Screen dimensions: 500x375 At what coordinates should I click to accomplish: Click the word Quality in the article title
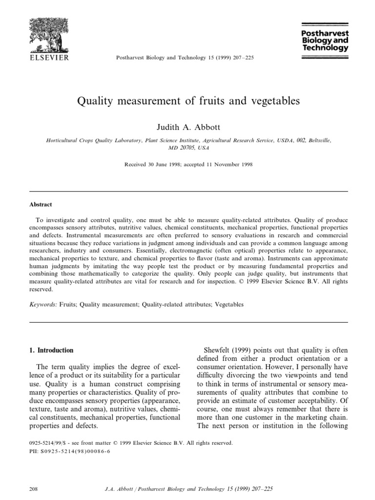94,102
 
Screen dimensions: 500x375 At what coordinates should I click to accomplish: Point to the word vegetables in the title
271,102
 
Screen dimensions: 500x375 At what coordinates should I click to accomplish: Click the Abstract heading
41,205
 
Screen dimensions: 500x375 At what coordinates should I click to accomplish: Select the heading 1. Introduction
51,350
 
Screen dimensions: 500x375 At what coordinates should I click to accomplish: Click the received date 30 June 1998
161,165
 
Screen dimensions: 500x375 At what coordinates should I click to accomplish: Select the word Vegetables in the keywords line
228,304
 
